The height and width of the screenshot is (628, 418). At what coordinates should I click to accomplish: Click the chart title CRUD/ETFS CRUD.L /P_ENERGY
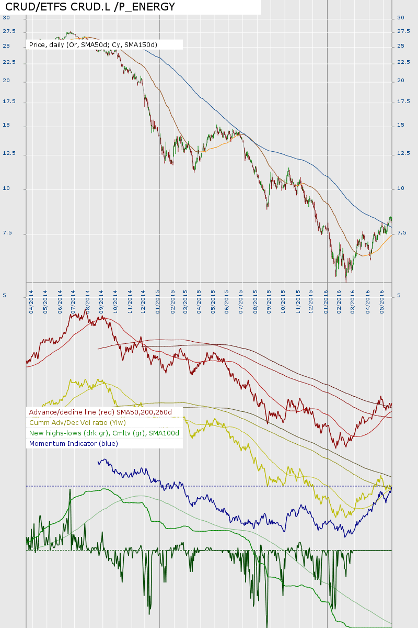(90, 7)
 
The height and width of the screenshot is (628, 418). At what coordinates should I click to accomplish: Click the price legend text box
(93, 45)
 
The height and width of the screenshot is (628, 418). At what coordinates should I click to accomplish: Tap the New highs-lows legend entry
(104, 433)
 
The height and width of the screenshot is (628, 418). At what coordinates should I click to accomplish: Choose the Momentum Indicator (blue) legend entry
(74, 443)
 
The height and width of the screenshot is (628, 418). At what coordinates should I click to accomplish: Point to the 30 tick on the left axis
(6, 17)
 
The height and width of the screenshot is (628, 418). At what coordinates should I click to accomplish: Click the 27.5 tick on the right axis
(403, 31)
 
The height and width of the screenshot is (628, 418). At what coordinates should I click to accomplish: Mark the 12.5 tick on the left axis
(9, 153)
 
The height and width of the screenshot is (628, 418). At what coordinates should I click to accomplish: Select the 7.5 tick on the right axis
(402, 233)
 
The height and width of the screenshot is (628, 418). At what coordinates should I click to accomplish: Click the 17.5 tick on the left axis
(9, 102)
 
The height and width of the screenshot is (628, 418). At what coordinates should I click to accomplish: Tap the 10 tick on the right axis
(401, 188)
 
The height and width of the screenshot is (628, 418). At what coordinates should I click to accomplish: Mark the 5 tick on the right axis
(399, 296)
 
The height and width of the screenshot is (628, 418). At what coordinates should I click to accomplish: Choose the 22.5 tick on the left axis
(9, 62)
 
